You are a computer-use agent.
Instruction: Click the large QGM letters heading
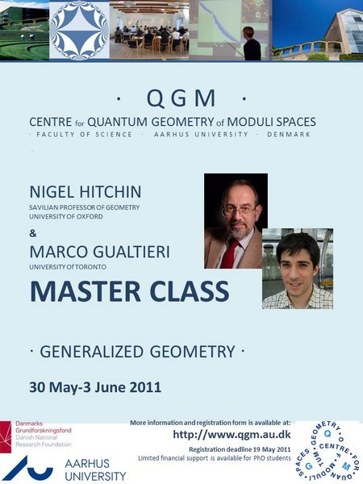coord(181,98)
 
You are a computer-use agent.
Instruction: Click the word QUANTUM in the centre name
coord(117,122)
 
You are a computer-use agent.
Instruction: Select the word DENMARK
coord(289,135)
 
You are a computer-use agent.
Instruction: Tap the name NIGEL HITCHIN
coord(86,192)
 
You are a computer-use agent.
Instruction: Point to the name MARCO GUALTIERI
coord(99,252)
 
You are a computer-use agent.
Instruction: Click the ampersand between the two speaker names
coord(33,234)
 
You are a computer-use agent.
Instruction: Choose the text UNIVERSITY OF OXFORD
coord(66,217)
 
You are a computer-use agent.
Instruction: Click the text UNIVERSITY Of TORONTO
coord(68,267)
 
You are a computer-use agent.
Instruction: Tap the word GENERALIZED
coord(91,352)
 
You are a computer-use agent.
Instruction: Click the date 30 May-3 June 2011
coord(95,387)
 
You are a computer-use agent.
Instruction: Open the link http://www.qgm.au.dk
coord(232,435)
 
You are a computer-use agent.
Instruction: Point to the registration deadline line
coord(240,449)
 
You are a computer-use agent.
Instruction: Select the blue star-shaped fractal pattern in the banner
coord(79,31)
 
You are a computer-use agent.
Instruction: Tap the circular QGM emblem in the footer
coord(327,452)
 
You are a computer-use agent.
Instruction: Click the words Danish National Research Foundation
coord(44,441)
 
